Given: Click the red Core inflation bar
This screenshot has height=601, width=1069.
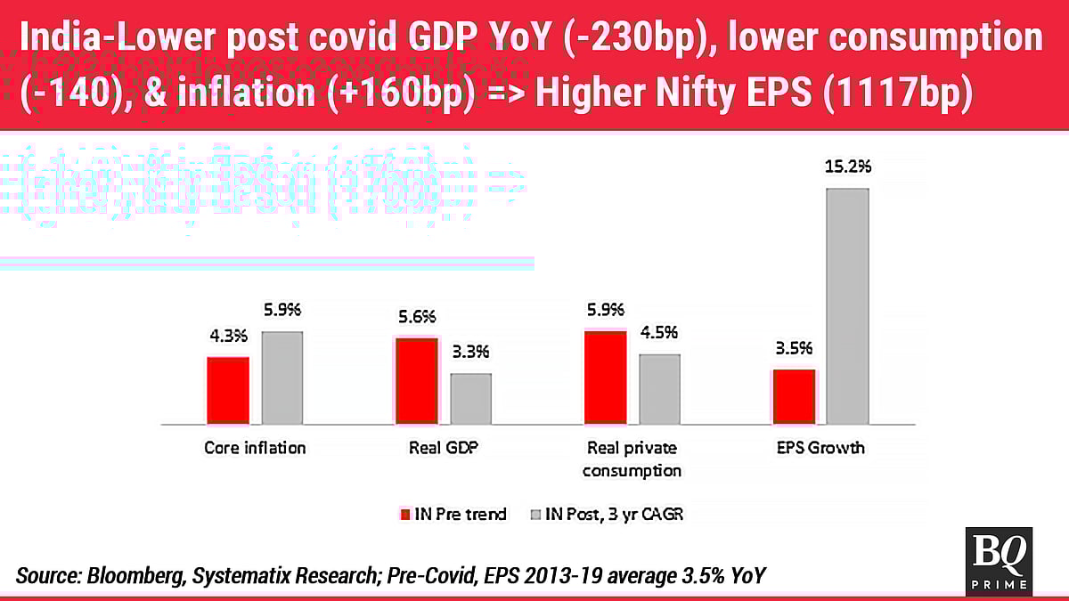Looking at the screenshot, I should coord(228,390).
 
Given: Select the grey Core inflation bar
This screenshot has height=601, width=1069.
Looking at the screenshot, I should coord(282,378).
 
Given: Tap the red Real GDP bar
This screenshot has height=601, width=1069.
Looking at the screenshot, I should coord(417,381).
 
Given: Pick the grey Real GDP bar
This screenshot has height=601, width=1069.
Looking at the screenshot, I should coord(470,398).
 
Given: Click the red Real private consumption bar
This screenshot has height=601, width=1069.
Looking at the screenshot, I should coord(606,377).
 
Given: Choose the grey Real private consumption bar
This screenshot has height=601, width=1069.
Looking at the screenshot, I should coord(659,389).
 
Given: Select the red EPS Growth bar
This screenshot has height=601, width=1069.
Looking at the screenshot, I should coord(794,396).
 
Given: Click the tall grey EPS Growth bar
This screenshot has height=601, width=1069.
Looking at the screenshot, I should coord(848,305).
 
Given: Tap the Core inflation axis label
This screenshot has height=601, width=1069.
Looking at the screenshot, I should coord(255,448).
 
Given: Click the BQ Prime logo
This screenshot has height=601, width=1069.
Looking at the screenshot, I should coord(999,560).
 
